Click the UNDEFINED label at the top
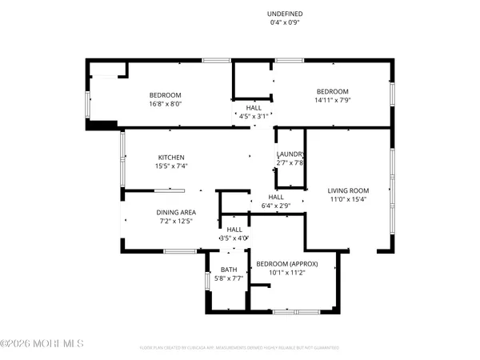pos(286,14)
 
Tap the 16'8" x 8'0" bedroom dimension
pos(166,102)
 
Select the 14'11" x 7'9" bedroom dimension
pos(332,101)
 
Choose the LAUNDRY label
pos(290,154)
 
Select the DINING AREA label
pos(175,212)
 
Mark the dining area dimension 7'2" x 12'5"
pos(175,222)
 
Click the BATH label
pos(229,270)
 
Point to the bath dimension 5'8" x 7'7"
pos(229,279)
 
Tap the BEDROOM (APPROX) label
pos(289,263)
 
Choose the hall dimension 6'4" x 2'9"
pos(275,206)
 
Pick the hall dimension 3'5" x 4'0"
pos(234,238)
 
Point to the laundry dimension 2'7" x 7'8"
pos(290,163)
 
